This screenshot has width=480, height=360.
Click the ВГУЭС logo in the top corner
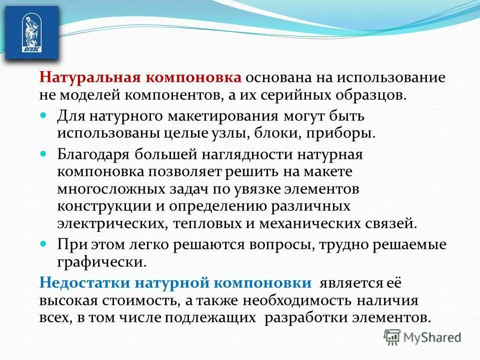pos(30,32)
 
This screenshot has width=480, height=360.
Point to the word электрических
pos(111,222)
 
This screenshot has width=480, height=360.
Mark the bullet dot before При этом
pos(43,244)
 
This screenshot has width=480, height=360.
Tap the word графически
pos(102,260)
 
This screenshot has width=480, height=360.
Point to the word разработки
pos(300,317)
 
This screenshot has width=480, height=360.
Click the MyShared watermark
pos(423,337)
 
